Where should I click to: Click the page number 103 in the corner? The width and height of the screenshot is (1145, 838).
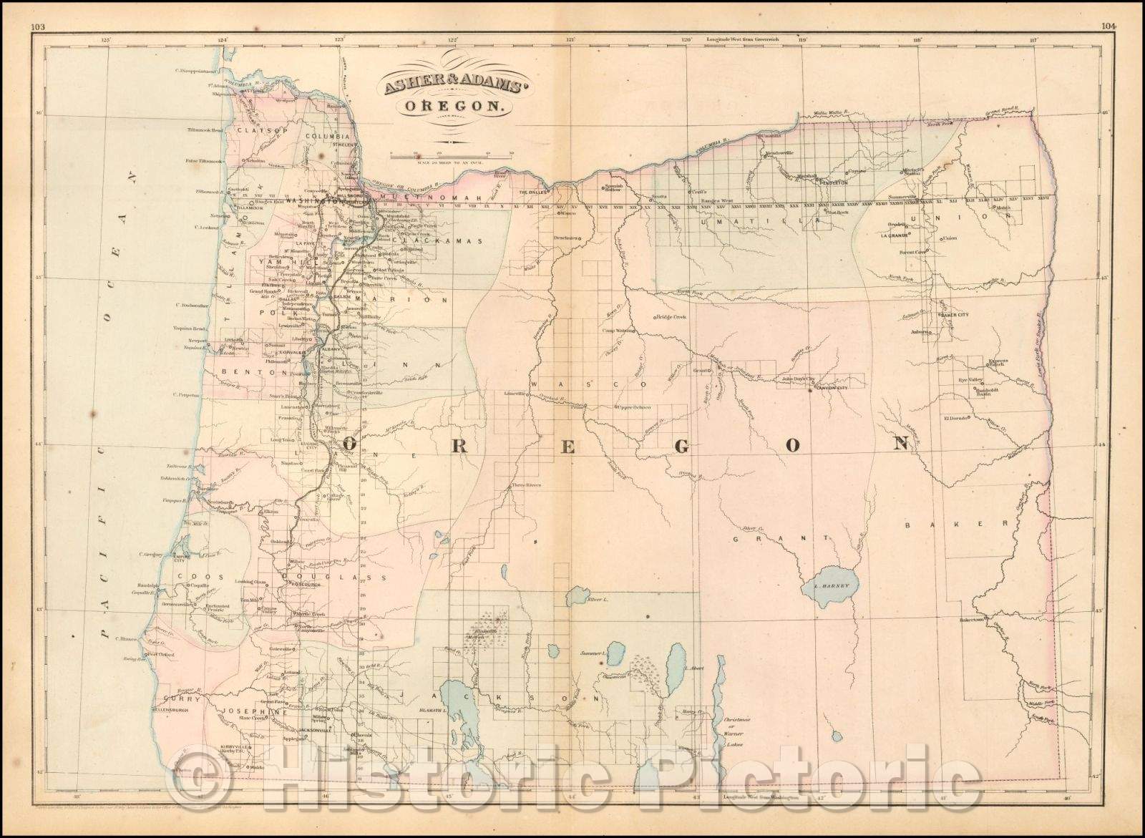pos(38,8)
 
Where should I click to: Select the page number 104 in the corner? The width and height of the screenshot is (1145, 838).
pos(1109,8)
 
